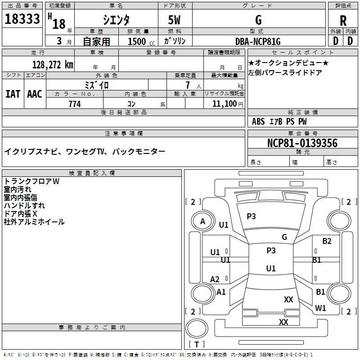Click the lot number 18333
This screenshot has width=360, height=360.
[x=22, y=19]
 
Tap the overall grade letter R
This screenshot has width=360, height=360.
[x=343, y=21]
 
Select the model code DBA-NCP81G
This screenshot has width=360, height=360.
[x=258, y=41]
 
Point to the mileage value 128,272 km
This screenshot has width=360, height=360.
[x=53, y=65]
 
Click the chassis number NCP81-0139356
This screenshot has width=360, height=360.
[x=302, y=143]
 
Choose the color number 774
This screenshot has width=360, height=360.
[x=75, y=104]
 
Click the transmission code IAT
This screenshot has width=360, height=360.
[x=13, y=94]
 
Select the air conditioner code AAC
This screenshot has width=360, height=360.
[x=35, y=94]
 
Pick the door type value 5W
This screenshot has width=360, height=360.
[x=174, y=20]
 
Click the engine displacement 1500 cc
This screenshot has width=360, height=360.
[x=141, y=41]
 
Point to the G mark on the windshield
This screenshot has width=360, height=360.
[x=284, y=237]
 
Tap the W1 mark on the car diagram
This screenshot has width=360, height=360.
[x=320, y=308]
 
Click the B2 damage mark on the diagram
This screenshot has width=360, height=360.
[x=327, y=241]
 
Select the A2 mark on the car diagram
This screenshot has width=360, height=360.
[x=215, y=279]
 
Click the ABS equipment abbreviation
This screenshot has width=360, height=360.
[x=258, y=121]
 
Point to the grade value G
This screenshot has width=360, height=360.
[x=258, y=20]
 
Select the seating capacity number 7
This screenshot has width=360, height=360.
[x=188, y=85]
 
